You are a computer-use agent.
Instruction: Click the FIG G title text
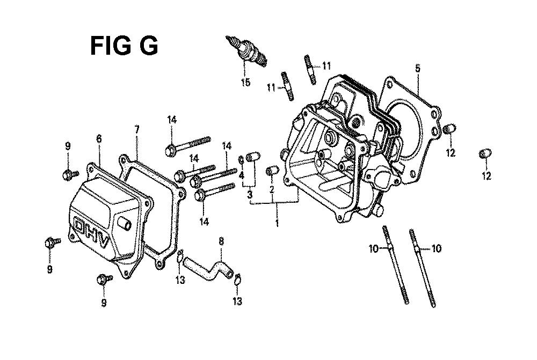124,46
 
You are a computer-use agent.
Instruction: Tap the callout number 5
417,68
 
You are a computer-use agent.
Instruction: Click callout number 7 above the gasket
136,129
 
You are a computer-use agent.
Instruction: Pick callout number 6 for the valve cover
99,138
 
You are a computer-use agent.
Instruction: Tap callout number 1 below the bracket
277,223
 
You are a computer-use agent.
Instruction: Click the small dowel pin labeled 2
272,171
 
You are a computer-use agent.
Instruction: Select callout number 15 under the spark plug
245,82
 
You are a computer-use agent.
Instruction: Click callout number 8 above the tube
221,241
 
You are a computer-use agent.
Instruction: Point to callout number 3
250,195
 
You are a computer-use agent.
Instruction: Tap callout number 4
242,176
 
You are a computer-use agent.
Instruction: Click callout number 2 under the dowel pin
272,189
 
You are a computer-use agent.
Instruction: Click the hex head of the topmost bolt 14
170,150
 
